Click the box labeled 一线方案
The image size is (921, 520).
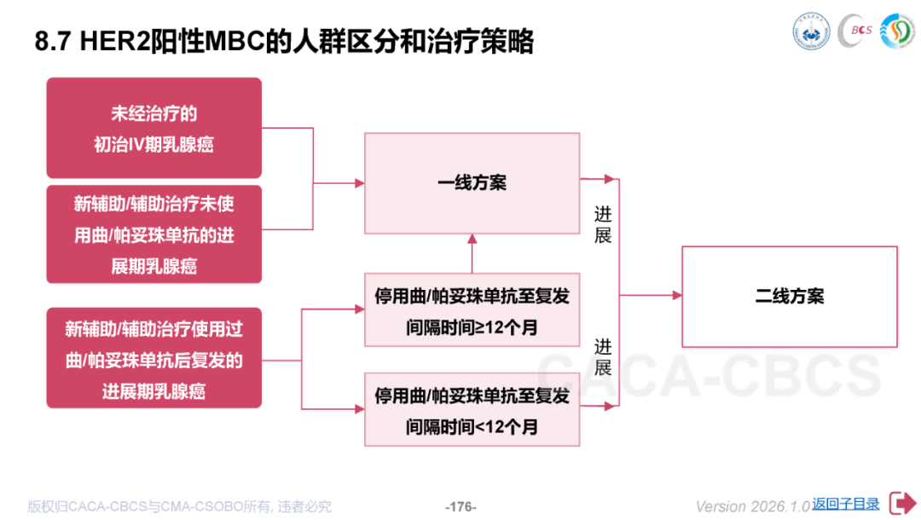(x=472, y=183)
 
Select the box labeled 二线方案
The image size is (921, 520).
(x=789, y=297)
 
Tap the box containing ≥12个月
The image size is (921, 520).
(x=472, y=310)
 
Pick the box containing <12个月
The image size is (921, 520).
(x=472, y=410)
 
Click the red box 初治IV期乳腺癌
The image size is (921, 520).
(x=153, y=128)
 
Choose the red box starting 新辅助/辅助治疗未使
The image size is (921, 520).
(x=153, y=234)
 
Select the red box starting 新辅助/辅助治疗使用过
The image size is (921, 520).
(x=153, y=358)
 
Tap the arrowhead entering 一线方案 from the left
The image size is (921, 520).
(x=359, y=183)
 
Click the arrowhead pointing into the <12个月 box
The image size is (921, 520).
(x=359, y=409)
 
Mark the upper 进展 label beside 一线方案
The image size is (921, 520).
(x=603, y=224)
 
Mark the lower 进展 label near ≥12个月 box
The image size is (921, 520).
(x=603, y=357)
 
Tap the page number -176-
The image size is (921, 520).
(x=460, y=506)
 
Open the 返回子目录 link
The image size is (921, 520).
(x=845, y=504)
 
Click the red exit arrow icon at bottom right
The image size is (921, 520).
(x=901, y=503)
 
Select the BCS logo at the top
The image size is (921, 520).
(x=855, y=32)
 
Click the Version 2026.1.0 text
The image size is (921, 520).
(x=752, y=506)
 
